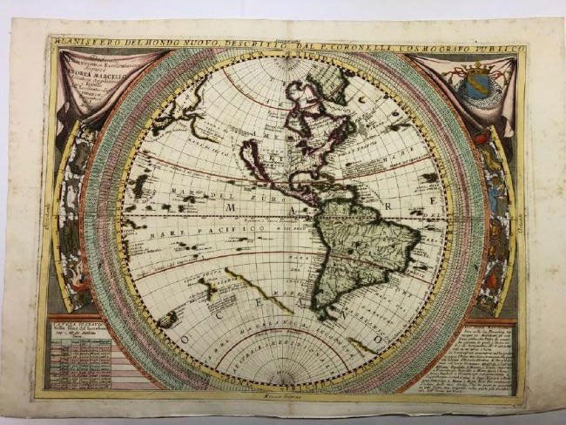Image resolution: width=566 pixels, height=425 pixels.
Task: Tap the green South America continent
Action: tap(361, 244)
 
